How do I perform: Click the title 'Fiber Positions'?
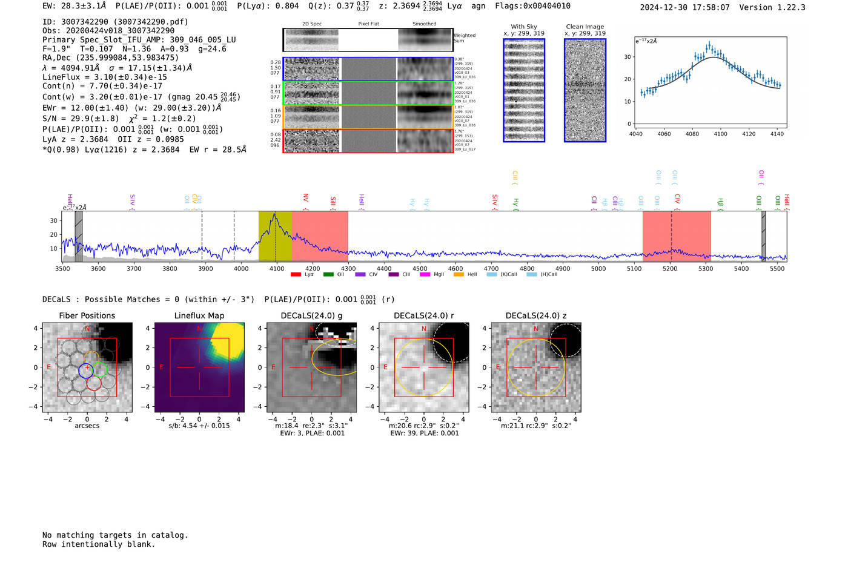click(87, 315)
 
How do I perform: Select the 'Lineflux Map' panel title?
click(199, 315)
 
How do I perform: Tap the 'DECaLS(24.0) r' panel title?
click(423, 315)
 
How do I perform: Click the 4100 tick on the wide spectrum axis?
click(277, 268)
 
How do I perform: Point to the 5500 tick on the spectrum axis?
click(777, 268)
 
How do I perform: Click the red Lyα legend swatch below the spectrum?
click(296, 275)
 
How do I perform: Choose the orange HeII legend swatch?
click(459, 275)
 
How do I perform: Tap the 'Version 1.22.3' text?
click(772, 7)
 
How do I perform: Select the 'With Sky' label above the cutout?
click(524, 27)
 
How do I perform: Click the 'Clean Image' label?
click(585, 27)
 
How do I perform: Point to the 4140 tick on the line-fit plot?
click(777, 134)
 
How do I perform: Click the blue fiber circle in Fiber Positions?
click(86, 371)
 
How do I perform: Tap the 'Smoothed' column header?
click(424, 24)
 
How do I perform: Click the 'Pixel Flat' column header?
click(368, 24)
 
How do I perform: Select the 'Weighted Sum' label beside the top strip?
click(464, 38)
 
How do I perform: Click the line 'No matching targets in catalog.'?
click(115, 535)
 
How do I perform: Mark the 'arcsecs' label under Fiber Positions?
click(87, 426)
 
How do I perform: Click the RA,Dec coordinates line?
click(110, 58)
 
